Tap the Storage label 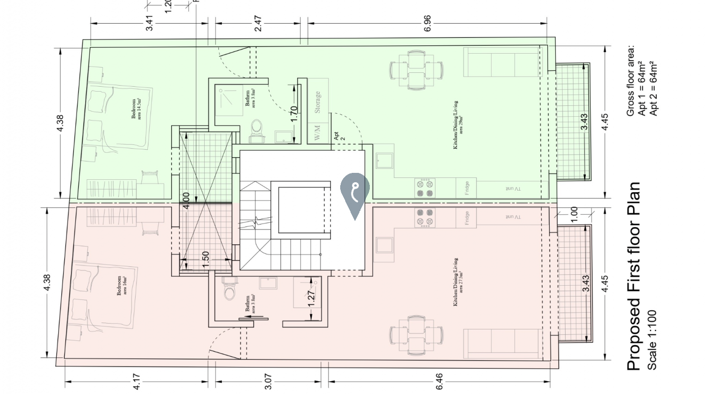pos(318,102)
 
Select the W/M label pos(317,133)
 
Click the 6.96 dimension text pos(427,23)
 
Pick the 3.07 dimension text pos(268,381)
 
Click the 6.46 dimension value pos(439,381)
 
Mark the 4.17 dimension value pos(137,381)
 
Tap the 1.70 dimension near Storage pos(294,114)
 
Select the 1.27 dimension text pos(312,297)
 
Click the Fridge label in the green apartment pos(466,188)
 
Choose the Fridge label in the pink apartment pos(466,217)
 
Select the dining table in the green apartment pos(416,70)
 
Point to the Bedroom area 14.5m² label pos(136,109)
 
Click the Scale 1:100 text pos(652,340)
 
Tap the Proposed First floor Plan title pos(634,276)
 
